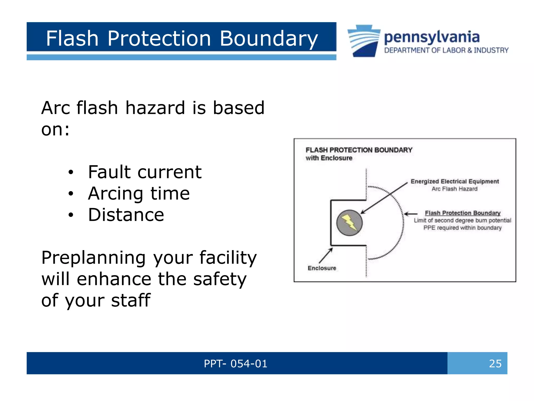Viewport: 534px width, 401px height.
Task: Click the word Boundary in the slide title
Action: (269, 39)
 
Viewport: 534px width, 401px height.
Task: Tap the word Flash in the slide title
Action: (72, 39)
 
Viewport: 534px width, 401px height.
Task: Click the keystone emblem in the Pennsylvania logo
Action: (364, 41)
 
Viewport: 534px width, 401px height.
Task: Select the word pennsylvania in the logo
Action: (432, 37)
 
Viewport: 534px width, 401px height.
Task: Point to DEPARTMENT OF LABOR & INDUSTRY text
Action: (446, 50)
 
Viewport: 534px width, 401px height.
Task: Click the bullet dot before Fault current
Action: (71, 173)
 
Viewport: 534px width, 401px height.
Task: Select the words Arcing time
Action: (139, 194)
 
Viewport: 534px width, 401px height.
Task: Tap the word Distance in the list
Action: (126, 215)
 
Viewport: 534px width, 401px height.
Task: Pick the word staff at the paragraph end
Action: (131, 300)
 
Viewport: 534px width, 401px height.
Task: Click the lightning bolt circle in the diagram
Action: (349, 223)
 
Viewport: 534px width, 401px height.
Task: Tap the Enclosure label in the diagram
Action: (322, 268)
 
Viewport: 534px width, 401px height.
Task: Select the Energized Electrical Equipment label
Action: (454, 181)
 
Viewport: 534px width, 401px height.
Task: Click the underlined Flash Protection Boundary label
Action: (463, 213)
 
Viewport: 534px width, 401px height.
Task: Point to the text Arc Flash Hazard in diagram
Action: (454, 189)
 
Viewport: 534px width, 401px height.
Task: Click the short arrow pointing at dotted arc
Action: (411, 214)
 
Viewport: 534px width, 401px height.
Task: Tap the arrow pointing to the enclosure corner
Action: (325, 255)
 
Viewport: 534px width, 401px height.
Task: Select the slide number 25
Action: (495, 363)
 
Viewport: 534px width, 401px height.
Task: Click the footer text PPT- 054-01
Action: (235, 363)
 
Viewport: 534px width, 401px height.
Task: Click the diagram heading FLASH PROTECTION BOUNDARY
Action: (359, 150)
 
